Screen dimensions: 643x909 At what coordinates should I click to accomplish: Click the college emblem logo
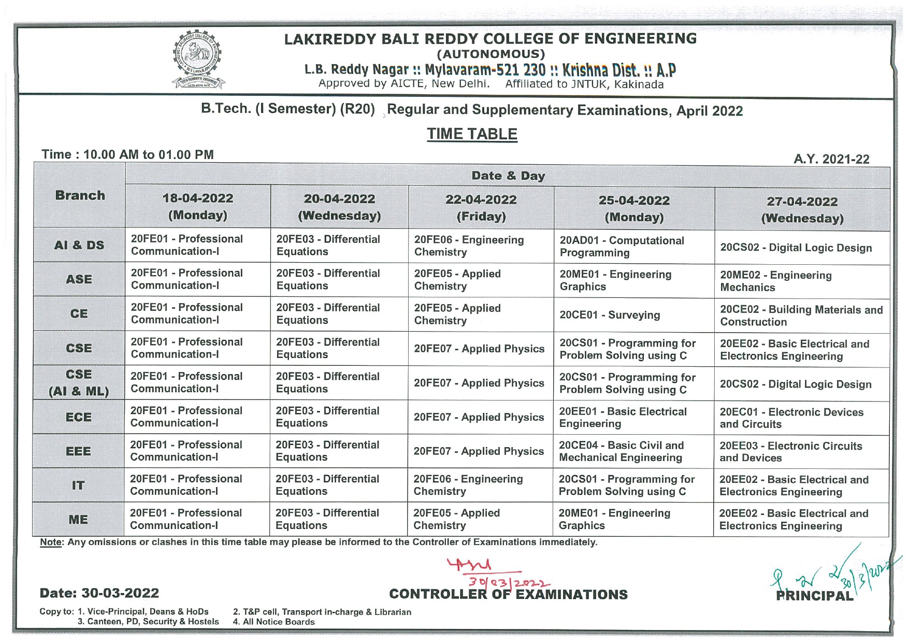[x=197, y=59]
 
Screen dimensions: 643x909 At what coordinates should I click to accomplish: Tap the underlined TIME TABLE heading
[x=472, y=134]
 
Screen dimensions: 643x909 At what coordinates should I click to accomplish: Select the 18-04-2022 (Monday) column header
[x=198, y=206]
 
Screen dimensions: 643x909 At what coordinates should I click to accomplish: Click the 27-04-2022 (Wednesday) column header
[x=802, y=209]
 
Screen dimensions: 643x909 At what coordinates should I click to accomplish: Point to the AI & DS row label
[x=79, y=245]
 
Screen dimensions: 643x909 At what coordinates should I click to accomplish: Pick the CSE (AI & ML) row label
[x=79, y=382]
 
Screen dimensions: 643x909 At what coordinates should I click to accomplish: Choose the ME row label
[x=78, y=519]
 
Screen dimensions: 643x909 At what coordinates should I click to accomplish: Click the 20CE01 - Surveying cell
[x=610, y=315]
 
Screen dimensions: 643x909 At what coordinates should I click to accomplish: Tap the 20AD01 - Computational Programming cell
[x=622, y=247]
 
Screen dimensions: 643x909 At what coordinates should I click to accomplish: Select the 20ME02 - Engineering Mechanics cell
[x=775, y=281]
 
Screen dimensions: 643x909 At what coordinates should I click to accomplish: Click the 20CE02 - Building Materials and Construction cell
[x=801, y=316]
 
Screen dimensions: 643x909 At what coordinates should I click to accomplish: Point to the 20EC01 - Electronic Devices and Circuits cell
[x=791, y=418]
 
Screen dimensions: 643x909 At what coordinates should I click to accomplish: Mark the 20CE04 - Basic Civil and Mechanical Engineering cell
[x=621, y=451]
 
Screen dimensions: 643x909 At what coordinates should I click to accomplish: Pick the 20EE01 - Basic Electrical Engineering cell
[x=623, y=418]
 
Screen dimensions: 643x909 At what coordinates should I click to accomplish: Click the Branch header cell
[x=80, y=195]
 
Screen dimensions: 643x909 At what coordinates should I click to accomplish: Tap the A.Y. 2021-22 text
[x=831, y=159]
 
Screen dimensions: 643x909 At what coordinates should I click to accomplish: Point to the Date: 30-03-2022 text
[x=99, y=593]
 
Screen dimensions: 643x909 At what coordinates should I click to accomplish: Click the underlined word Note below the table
[x=50, y=542]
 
